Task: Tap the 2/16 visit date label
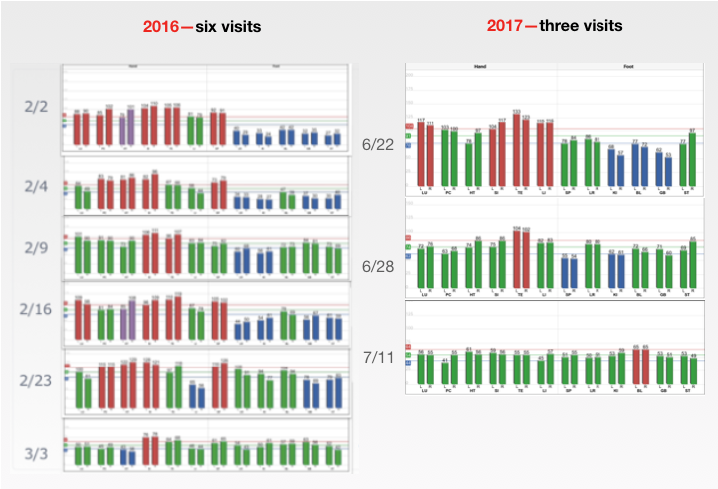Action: coord(34,307)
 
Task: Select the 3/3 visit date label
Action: coord(35,453)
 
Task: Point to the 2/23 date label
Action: coord(36,380)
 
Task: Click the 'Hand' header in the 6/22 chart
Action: coord(478,69)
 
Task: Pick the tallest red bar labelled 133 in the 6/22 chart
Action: coord(517,149)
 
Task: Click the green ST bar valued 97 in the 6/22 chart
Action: coord(693,159)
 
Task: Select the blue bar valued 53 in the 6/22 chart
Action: coord(668,171)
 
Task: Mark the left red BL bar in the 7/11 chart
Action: coord(636,367)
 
